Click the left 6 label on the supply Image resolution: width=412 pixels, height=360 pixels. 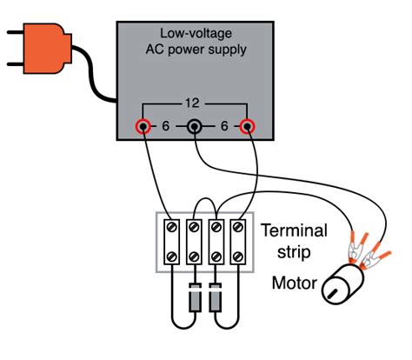pyautogui.click(x=165, y=127)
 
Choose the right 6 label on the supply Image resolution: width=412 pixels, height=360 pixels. pyautogui.click(x=225, y=127)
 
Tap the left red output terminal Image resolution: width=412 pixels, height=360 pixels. pyautogui.click(x=141, y=127)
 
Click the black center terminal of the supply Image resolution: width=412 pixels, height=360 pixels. pyautogui.click(x=196, y=128)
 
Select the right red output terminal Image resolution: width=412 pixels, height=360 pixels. pyautogui.click(x=249, y=127)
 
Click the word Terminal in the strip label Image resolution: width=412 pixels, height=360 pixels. pyautogui.click(x=295, y=231)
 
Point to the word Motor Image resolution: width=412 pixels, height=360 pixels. pyautogui.click(x=293, y=283)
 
